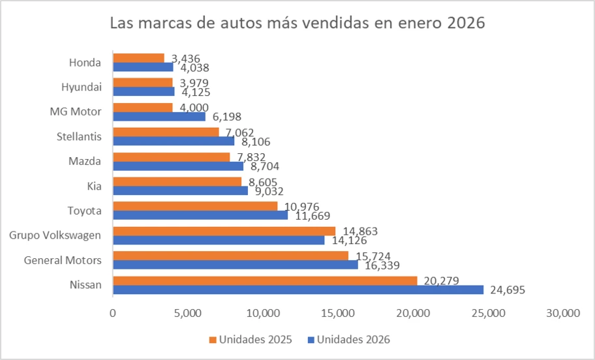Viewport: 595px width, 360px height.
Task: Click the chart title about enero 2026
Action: tap(297, 23)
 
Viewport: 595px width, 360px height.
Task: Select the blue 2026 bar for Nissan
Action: tap(298, 290)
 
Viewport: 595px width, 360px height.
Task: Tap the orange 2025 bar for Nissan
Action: tap(265, 280)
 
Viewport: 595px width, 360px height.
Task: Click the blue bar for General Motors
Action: tap(235, 265)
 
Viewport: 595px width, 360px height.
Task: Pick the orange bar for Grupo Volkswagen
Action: tap(224, 231)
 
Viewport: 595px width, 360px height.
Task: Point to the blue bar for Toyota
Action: tap(200, 215)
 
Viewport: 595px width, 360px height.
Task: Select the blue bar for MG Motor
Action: tap(159, 116)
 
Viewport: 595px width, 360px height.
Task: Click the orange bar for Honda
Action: tap(138, 58)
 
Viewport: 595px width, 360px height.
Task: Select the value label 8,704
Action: tap(266, 166)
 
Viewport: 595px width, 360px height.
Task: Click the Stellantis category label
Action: tap(79, 136)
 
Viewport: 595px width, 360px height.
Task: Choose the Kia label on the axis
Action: tap(93, 186)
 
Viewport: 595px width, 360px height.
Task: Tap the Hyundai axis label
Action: tap(81, 87)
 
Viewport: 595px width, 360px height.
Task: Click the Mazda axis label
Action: tap(85, 161)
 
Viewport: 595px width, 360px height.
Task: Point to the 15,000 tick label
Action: tap(338, 314)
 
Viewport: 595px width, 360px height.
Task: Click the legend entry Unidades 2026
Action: tap(352, 339)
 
